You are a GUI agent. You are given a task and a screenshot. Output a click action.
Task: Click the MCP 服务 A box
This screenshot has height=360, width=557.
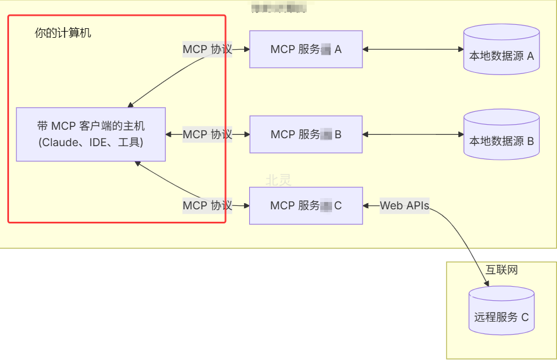tap(306, 50)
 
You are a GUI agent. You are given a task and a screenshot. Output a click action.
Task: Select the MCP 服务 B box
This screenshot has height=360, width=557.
tap(306, 134)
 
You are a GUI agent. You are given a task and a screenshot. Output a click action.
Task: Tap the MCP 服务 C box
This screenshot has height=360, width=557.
tap(306, 205)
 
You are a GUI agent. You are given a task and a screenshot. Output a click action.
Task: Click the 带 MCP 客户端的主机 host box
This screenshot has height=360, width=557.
tap(91, 134)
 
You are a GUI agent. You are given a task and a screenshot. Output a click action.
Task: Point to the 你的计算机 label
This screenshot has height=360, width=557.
tap(63, 33)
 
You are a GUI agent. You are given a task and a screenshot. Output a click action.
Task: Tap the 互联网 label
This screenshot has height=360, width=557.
tap(501, 270)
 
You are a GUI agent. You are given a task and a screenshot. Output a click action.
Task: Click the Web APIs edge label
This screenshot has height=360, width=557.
tap(404, 205)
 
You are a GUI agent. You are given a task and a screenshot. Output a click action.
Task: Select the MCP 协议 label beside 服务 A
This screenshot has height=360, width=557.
tap(207, 50)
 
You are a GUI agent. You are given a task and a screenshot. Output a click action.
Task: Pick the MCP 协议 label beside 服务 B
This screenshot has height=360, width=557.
tap(207, 134)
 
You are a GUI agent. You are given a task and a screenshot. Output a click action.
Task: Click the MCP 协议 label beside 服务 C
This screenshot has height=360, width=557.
tap(207, 205)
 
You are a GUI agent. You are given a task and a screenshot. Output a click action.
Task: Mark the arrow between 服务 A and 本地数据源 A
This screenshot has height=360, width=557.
tap(413, 50)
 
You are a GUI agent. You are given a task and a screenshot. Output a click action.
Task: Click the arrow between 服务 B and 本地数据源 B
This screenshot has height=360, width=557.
tap(413, 134)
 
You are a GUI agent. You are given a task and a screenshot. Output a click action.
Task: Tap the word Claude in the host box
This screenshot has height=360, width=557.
tap(60, 143)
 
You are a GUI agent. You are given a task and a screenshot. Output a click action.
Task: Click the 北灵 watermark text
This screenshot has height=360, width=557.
tap(278, 180)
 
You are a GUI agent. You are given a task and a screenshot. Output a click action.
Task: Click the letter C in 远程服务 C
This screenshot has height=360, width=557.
tap(525, 317)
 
